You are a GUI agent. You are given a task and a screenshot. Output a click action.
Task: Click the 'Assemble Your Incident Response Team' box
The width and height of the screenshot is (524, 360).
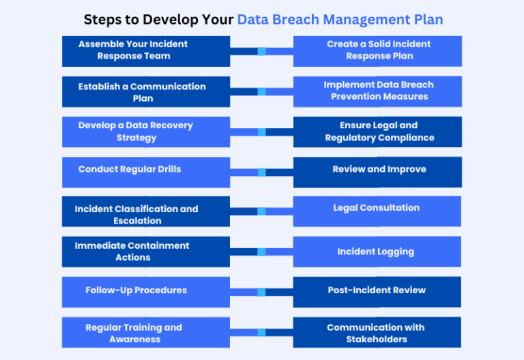[x=145, y=50]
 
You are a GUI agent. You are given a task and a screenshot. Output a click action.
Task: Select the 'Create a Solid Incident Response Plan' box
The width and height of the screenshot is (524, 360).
[x=377, y=50]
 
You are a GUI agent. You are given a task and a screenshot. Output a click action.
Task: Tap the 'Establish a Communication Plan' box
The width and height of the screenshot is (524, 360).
[x=145, y=92]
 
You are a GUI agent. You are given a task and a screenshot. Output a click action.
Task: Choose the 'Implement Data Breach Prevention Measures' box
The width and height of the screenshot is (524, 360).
[x=377, y=91]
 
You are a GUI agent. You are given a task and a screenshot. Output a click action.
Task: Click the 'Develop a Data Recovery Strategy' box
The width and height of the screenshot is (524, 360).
[x=145, y=132]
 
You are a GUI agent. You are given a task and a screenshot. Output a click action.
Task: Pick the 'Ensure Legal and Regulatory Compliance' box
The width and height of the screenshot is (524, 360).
[x=377, y=132]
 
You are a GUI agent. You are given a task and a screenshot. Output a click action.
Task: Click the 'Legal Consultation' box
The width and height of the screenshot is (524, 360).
[x=377, y=211]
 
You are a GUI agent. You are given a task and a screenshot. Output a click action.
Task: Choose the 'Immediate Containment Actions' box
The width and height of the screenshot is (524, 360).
[x=145, y=252]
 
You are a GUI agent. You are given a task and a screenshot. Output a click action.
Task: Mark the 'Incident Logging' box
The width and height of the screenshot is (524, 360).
[x=377, y=252]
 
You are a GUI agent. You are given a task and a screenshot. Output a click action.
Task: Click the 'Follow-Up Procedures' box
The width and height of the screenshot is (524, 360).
[x=145, y=292]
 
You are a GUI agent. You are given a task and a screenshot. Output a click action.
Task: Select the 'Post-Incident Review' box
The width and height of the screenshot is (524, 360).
[x=377, y=292]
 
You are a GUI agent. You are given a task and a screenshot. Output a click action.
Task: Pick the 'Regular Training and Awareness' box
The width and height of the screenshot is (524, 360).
[x=145, y=332]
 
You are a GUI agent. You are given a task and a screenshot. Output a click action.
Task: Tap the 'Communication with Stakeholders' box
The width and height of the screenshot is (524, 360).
[x=377, y=332]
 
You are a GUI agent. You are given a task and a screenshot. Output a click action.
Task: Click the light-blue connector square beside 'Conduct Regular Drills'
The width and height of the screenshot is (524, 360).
[x=261, y=172]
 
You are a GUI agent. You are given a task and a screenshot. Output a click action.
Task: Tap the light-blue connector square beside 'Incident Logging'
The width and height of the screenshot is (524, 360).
[x=261, y=252]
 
